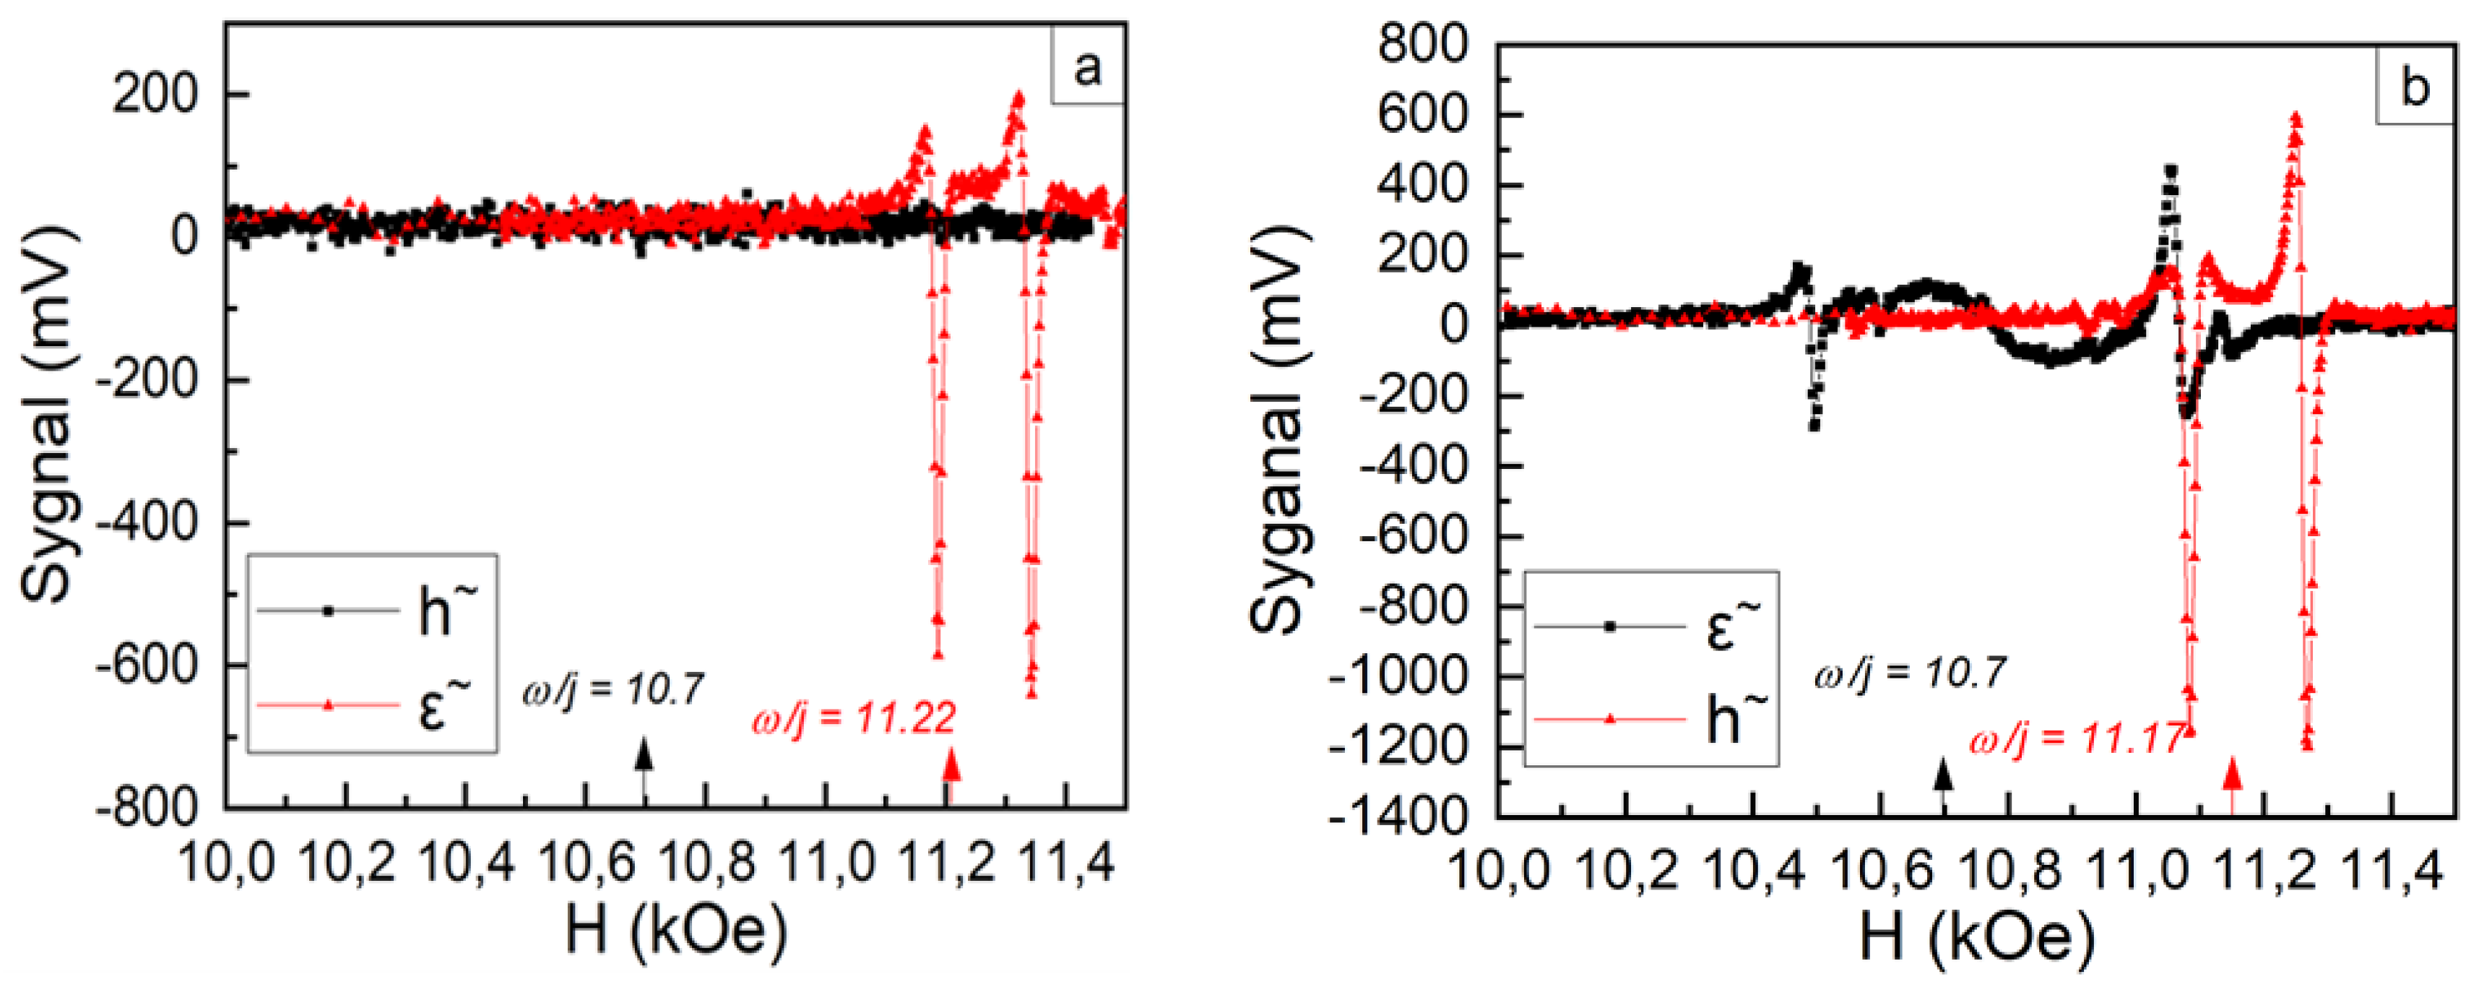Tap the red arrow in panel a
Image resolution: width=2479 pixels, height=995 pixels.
click(x=951, y=770)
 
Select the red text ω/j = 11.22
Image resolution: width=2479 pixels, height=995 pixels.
click(x=854, y=718)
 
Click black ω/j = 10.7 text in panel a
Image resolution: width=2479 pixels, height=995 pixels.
click(x=613, y=690)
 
